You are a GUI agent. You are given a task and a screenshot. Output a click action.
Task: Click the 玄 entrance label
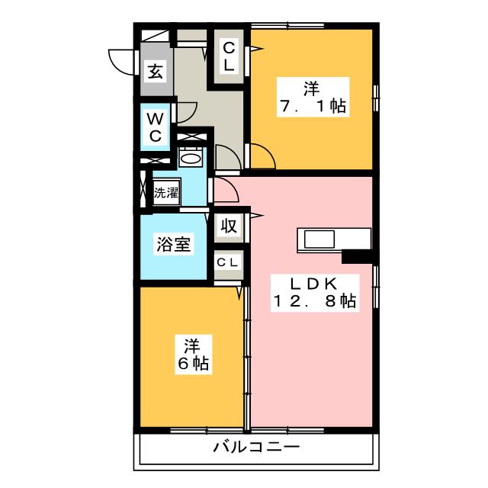pyautogui.click(x=156, y=72)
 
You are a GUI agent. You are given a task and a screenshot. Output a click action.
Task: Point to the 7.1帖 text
pyautogui.click(x=310, y=106)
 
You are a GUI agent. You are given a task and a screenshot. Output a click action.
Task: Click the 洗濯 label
pyautogui.click(x=165, y=193)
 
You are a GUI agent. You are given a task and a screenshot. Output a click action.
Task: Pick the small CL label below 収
pyautogui.click(x=227, y=262)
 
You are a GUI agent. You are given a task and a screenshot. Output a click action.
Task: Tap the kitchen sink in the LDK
pyautogui.click(x=324, y=239)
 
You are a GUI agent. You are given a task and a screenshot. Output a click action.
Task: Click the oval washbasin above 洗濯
pyautogui.click(x=191, y=159)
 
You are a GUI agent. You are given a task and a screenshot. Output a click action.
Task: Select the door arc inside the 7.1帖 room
pyautogui.click(x=263, y=158)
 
